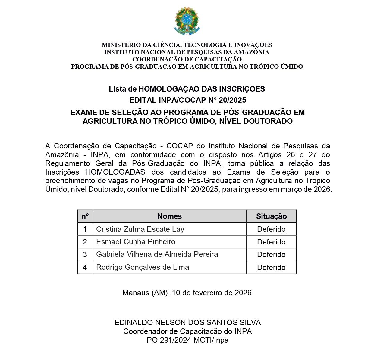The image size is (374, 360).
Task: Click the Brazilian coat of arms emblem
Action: [187, 21]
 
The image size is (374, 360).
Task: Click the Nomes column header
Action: [169, 216]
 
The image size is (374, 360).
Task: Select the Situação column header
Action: [271, 216]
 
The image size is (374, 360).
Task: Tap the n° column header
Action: [85, 216]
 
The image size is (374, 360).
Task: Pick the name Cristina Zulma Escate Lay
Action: [140, 229]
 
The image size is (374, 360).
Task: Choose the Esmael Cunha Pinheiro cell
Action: [136, 242]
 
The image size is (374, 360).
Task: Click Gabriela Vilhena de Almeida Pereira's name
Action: [157, 254]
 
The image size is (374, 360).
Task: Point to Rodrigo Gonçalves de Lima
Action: [143, 267]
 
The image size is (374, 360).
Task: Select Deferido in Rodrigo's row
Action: [271, 268]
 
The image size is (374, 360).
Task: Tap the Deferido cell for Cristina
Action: [271, 229]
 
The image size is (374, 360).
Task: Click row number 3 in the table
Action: [85, 255]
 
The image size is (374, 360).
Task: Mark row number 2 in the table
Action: [85, 242]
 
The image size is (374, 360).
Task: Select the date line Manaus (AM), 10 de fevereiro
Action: [187, 293]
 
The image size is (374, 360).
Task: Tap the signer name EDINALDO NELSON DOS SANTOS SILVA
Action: [187, 323]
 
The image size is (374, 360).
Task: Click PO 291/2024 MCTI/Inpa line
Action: [187, 340]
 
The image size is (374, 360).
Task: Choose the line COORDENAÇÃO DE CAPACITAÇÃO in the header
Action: [187, 59]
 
